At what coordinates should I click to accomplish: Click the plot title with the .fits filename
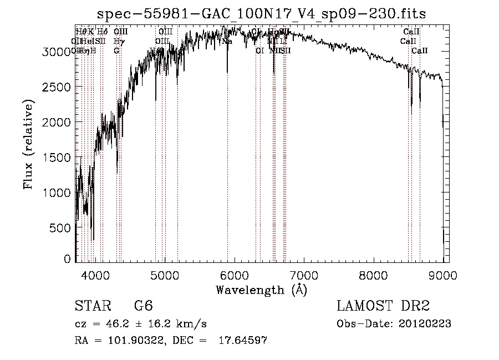(x=261, y=14)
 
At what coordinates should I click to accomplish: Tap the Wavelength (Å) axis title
(x=261, y=290)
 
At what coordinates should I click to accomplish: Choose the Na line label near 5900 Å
(x=227, y=41)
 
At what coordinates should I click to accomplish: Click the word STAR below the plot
(x=92, y=307)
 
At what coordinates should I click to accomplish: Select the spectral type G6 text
(x=143, y=307)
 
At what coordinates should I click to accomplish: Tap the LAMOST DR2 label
(x=383, y=307)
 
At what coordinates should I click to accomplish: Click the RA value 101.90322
(x=125, y=341)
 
